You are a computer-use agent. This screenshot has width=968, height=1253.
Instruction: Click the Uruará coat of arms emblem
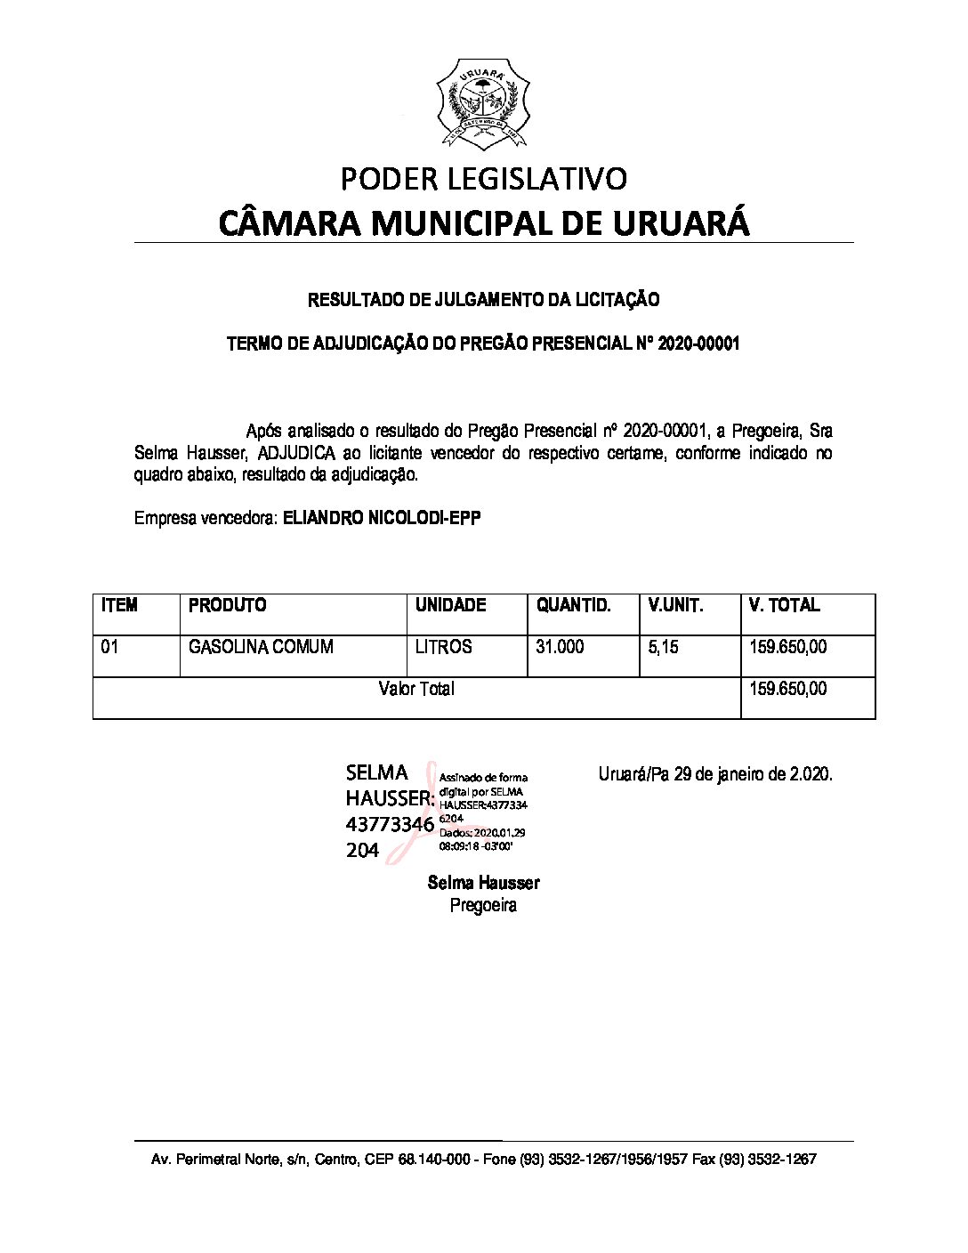coord(483,106)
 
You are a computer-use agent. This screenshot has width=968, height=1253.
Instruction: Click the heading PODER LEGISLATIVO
coord(484,179)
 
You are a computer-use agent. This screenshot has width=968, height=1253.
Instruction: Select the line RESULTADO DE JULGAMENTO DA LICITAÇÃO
coord(483,300)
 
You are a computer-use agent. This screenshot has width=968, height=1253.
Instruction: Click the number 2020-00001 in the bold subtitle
coord(698,344)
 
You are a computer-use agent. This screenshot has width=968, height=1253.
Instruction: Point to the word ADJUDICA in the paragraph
coord(296,453)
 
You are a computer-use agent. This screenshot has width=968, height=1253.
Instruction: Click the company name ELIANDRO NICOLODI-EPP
coord(382,518)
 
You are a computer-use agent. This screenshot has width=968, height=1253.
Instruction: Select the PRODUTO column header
coord(228,605)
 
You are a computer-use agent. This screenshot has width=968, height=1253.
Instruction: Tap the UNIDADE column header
coord(451,605)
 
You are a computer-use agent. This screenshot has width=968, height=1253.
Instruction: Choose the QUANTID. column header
coord(574,605)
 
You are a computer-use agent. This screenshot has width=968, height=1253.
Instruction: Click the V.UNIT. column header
coord(675,605)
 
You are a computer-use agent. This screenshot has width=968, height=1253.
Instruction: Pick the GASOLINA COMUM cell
coord(261,647)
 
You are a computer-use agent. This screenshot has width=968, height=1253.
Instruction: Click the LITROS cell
coord(443,647)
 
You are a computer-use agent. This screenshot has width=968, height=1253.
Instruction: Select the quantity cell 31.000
coord(560,647)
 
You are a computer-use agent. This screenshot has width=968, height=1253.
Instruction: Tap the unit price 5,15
coord(663,647)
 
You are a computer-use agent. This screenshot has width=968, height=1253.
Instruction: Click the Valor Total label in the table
coord(416,689)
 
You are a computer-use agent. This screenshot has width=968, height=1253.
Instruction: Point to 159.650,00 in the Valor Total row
coord(788,689)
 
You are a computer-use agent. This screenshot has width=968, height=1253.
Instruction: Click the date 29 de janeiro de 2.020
coord(754,774)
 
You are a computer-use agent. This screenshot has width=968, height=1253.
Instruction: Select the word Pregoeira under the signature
coord(483,906)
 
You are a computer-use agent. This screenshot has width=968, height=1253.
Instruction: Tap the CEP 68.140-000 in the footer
coord(426,1160)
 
